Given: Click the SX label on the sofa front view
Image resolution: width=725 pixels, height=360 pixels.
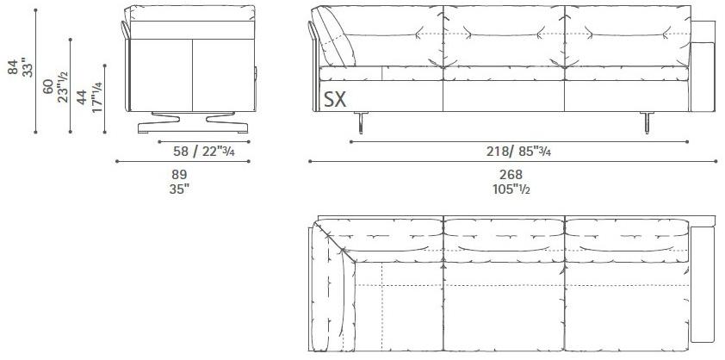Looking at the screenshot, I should (x=335, y=99).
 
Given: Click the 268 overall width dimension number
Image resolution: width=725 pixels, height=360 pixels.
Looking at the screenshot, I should (x=511, y=174).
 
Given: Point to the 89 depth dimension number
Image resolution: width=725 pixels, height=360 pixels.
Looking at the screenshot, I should (x=180, y=174).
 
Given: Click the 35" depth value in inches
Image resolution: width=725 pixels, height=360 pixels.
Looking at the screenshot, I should (x=180, y=189).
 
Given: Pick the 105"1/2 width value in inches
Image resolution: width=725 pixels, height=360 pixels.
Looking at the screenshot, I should (x=511, y=189).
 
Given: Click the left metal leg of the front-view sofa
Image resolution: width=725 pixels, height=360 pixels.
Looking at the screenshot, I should (x=362, y=124).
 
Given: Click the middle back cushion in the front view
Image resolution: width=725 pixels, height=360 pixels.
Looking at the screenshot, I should (x=503, y=36).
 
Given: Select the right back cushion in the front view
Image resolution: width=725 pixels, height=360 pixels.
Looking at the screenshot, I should (x=627, y=36).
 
